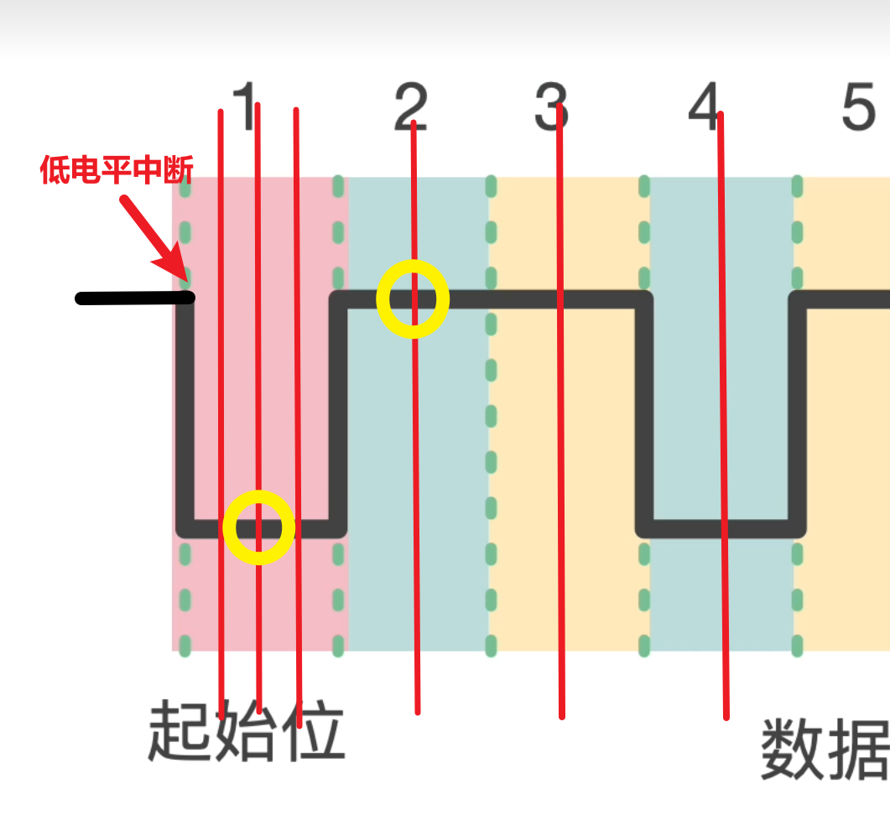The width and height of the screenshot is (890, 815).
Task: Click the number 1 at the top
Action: pos(243,107)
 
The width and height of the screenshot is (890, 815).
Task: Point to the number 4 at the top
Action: pos(705,107)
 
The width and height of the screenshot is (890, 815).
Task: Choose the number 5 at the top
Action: pos(857,107)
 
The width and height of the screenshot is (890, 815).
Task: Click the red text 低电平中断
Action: pos(117,170)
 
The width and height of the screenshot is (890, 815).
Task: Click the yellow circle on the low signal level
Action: pos(259,527)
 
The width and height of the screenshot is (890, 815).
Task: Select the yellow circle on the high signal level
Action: pos(413,298)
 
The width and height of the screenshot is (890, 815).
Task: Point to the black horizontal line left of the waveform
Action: pos(134,298)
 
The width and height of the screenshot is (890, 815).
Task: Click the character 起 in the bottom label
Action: pos(180,732)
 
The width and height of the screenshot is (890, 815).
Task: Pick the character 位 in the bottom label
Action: pos(314,732)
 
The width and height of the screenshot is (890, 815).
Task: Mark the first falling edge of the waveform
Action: pos(186,411)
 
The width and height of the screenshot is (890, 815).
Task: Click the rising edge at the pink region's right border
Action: pos(338,411)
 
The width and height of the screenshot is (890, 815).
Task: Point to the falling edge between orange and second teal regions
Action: pos(644,411)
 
